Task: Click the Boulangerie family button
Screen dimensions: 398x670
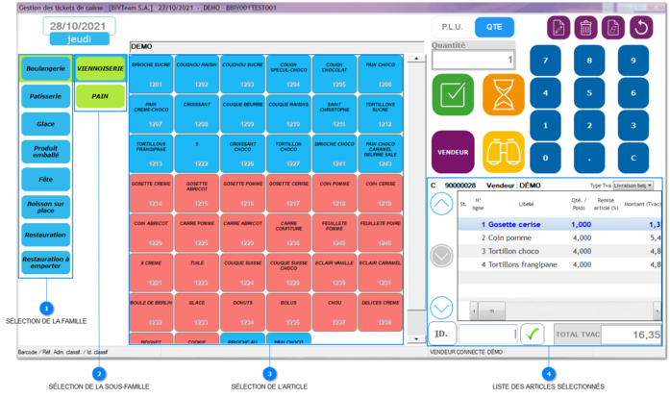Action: (x=45, y=69)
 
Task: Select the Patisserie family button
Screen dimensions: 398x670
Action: (x=45, y=96)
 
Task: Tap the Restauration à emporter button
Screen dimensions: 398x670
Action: (x=45, y=262)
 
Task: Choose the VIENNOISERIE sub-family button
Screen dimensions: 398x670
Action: (x=100, y=69)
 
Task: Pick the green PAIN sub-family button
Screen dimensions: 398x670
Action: (x=100, y=96)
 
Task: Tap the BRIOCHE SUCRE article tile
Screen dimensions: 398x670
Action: (x=151, y=73)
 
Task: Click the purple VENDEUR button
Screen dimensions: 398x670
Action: (x=453, y=152)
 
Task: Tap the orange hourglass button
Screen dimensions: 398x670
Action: (x=504, y=95)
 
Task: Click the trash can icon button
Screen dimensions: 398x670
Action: (x=585, y=28)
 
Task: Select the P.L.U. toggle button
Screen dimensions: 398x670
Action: (x=452, y=28)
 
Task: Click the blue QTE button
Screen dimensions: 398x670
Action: (x=494, y=28)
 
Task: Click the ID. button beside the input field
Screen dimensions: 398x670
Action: (x=441, y=334)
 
